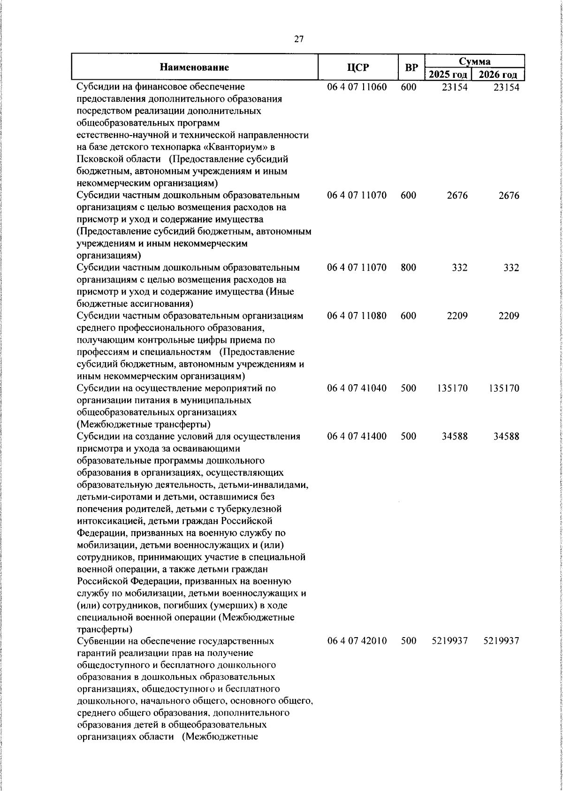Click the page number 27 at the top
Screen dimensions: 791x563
299,39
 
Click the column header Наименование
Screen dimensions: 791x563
194,68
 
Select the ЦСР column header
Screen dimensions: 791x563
358,68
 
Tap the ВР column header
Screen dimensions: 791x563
411,68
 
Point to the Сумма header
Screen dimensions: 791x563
474,61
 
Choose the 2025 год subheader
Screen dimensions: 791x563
448,75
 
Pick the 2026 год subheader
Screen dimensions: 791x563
498,75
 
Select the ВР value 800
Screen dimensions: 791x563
409,268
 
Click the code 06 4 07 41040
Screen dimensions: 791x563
357,388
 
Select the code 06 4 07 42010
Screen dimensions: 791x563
357,641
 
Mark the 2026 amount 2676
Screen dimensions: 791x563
509,196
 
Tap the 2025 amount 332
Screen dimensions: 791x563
460,268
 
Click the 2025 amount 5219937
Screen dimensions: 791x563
449,641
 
